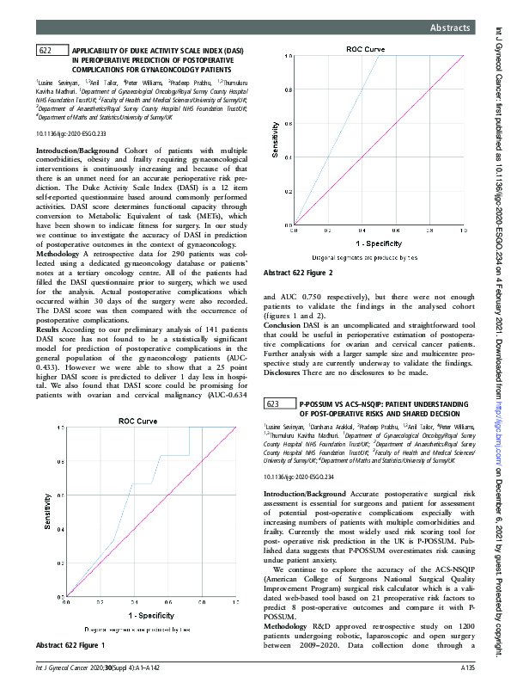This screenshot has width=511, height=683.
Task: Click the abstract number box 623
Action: [x=274, y=403]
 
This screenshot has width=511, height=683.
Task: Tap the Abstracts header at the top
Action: [x=453, y=28]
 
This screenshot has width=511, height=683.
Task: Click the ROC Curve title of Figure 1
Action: [x=137, y=421]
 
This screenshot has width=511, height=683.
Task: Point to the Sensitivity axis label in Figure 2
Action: [x=276, y=143]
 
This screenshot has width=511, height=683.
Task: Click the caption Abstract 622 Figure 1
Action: [x=72, y=645]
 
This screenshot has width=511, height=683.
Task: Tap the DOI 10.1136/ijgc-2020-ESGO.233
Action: [x=71, y=135]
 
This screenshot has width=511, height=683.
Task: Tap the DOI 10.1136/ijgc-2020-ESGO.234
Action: [x=300, y=476]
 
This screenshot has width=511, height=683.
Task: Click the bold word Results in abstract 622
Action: [x=47, y=329]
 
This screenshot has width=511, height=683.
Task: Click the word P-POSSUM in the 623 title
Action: [x=318, y=403]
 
